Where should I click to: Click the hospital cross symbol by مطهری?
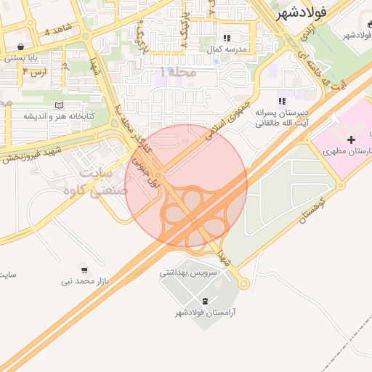click(x=352, y=139)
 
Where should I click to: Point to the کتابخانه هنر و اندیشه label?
click(x=55, y=116)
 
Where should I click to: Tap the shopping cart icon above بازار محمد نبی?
click(x=84, y=270)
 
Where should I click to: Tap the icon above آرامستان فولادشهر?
click(x=205, y=301)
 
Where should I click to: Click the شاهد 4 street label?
click(x=58, y=30)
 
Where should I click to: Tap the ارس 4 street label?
click(x=34, y=73)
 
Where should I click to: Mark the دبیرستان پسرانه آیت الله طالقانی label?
click(x=282, y=118)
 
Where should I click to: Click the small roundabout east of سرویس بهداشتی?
click(x=243, y=283)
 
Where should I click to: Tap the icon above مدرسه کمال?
click(x=227, y=38)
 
